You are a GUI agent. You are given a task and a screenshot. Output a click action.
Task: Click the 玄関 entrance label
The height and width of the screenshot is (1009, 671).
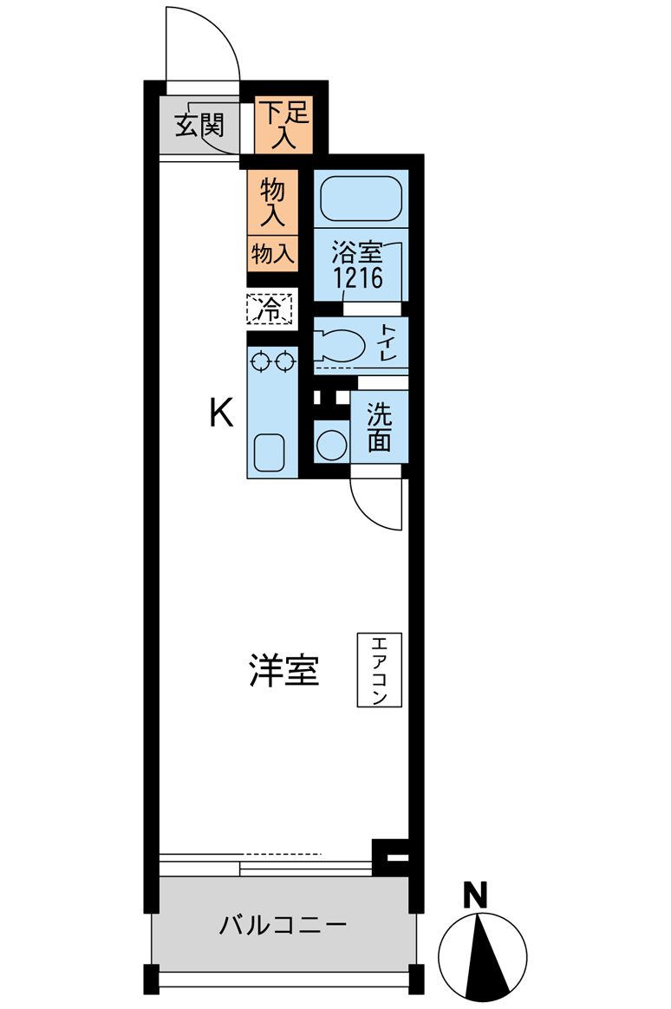[x=200, y=127]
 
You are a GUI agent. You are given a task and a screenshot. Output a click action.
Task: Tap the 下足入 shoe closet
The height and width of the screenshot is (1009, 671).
[x=283, y=125]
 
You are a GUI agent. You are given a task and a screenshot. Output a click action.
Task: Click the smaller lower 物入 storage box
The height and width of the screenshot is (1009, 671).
[x=273, y=253]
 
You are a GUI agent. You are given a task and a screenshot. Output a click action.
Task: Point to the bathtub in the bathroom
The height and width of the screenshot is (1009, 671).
[x=361, y=200]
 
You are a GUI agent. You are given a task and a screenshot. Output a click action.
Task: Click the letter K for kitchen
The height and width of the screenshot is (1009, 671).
[x=221, y=413]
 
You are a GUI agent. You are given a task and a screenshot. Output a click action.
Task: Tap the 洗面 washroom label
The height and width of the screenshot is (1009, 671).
[x=379, y=427]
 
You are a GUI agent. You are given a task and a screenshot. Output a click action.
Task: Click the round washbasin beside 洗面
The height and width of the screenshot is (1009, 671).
[x=330, y=445]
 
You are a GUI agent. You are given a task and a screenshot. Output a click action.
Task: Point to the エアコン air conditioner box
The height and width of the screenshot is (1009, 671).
[x=379, y=670]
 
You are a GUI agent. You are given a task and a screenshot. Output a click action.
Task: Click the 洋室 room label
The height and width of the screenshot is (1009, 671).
[x=283, y=671]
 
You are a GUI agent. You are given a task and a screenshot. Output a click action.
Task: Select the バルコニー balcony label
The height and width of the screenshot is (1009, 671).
[x=283, y=925]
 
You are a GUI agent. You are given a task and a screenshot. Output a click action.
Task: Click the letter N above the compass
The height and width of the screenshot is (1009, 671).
[x=475, y=895]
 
